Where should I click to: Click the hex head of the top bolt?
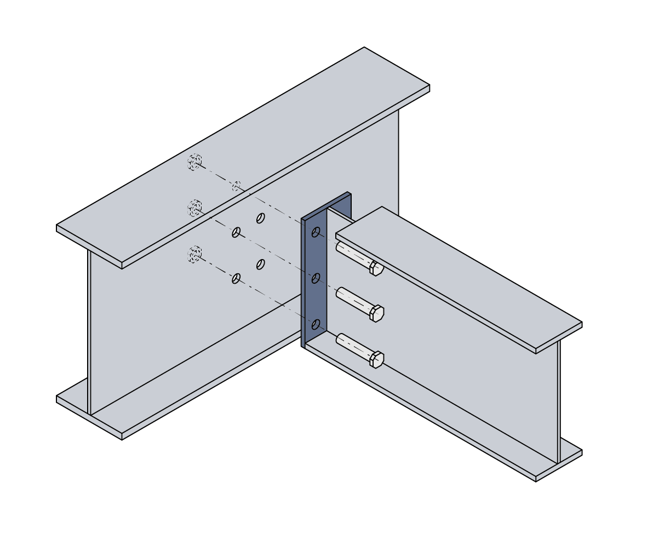tap(376, 268)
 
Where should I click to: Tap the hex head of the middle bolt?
tap(377, 314)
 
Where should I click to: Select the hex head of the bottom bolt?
tap(377, 359)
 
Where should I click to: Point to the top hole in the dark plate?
tap(316, 232)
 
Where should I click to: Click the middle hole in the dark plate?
tap(316, 278)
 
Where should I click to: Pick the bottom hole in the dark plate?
tap(316, 324)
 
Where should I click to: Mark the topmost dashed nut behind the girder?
tap(194, 162)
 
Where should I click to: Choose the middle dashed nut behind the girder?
tap(194, 208)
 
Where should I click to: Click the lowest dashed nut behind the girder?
tap(194, 254)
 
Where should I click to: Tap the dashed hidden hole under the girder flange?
tap(237, 186)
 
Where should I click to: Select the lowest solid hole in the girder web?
tap(236, 278)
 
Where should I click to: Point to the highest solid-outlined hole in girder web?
tap(261, 218)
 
